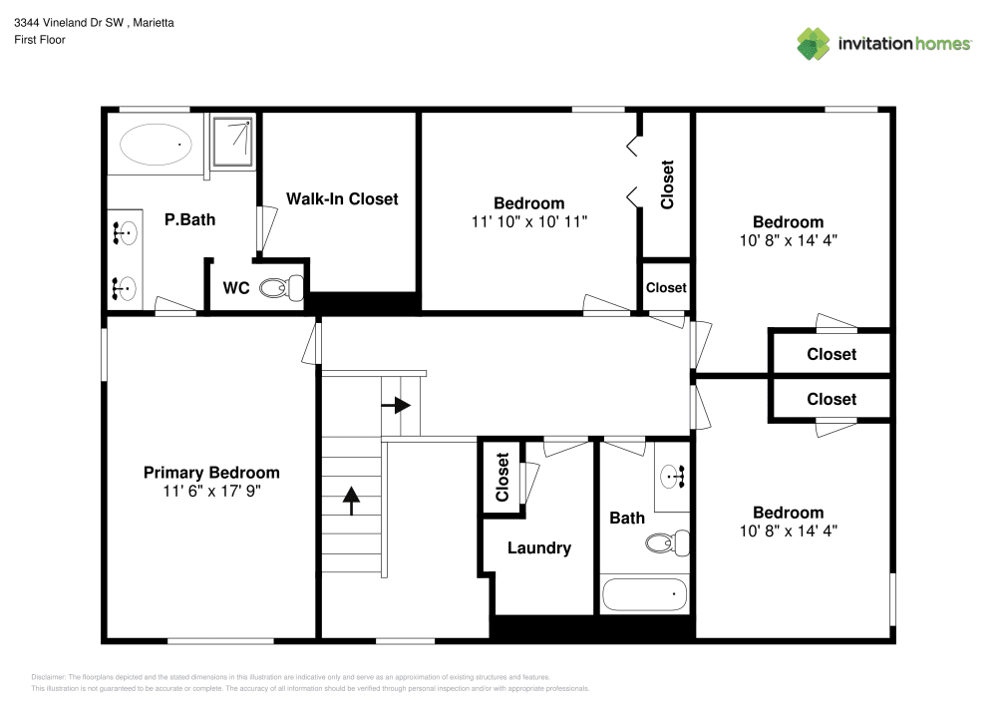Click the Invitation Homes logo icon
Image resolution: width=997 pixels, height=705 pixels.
coord(813,43)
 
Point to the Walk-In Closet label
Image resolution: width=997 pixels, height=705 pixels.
coord(342,198)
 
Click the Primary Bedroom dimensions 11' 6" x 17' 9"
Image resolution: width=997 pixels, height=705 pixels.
coord(211,491)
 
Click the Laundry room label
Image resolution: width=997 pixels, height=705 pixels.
coord(538,547)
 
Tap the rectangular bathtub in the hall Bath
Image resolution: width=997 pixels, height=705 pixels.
coord(645,595)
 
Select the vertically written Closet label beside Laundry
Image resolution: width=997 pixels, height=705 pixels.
coord(501,478)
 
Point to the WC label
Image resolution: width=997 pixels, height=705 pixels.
coord(235,288)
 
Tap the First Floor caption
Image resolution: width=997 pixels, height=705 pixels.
coord(40,40)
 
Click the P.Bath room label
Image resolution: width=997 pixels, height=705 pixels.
coord(189,219)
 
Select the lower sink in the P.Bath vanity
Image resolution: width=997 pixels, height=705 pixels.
coord(124,289)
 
